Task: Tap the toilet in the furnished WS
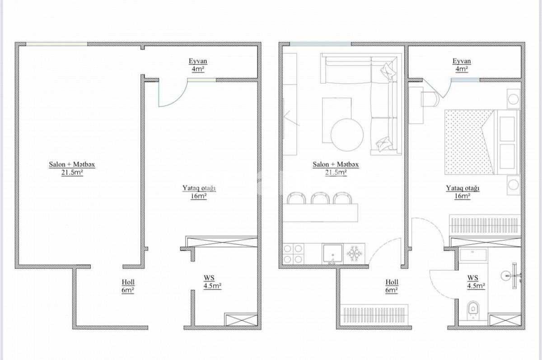(x=473, y=309)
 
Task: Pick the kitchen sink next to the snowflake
(x=332, y=254)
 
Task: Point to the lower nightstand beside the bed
(x=512, y=185)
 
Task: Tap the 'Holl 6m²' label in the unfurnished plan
(x=128, y=286)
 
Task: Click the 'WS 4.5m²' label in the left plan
(x=210, y=285)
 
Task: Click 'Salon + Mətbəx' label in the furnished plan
(x=336, y=165)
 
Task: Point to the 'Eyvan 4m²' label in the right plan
(x=462, y=65)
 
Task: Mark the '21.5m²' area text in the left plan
(x=72, y=172)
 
